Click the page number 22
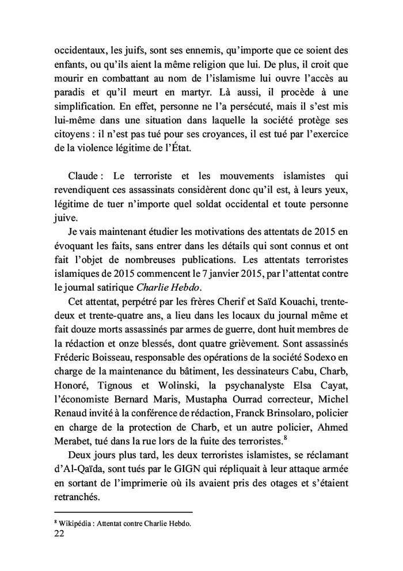coord(60,534)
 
